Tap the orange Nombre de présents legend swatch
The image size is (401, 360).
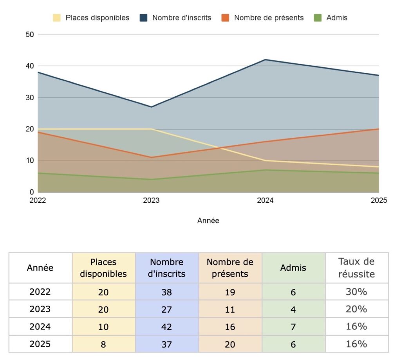coord(225,18)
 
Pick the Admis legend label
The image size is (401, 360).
coord(336,18)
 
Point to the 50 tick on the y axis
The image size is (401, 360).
coord(30,34)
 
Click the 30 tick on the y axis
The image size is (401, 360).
coord(30,97)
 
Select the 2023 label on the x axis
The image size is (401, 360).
coord(151,200)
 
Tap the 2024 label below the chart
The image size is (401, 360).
coord(265,200)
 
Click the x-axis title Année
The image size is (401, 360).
coord(208,221)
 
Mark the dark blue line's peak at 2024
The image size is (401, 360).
coord(266,59)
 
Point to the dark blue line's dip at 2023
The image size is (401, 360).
coord(152,107)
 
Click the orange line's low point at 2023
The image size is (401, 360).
coord(152,157)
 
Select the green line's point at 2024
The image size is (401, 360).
coord(266,170)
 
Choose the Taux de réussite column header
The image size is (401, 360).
coord(356,268)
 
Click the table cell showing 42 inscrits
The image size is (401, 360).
coord(167,326)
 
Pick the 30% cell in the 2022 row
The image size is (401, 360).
coord(356,292)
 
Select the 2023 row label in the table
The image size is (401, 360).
coord(40,309)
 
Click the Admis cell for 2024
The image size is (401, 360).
coord(293,326)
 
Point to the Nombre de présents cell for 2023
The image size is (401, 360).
coord(230,309)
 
